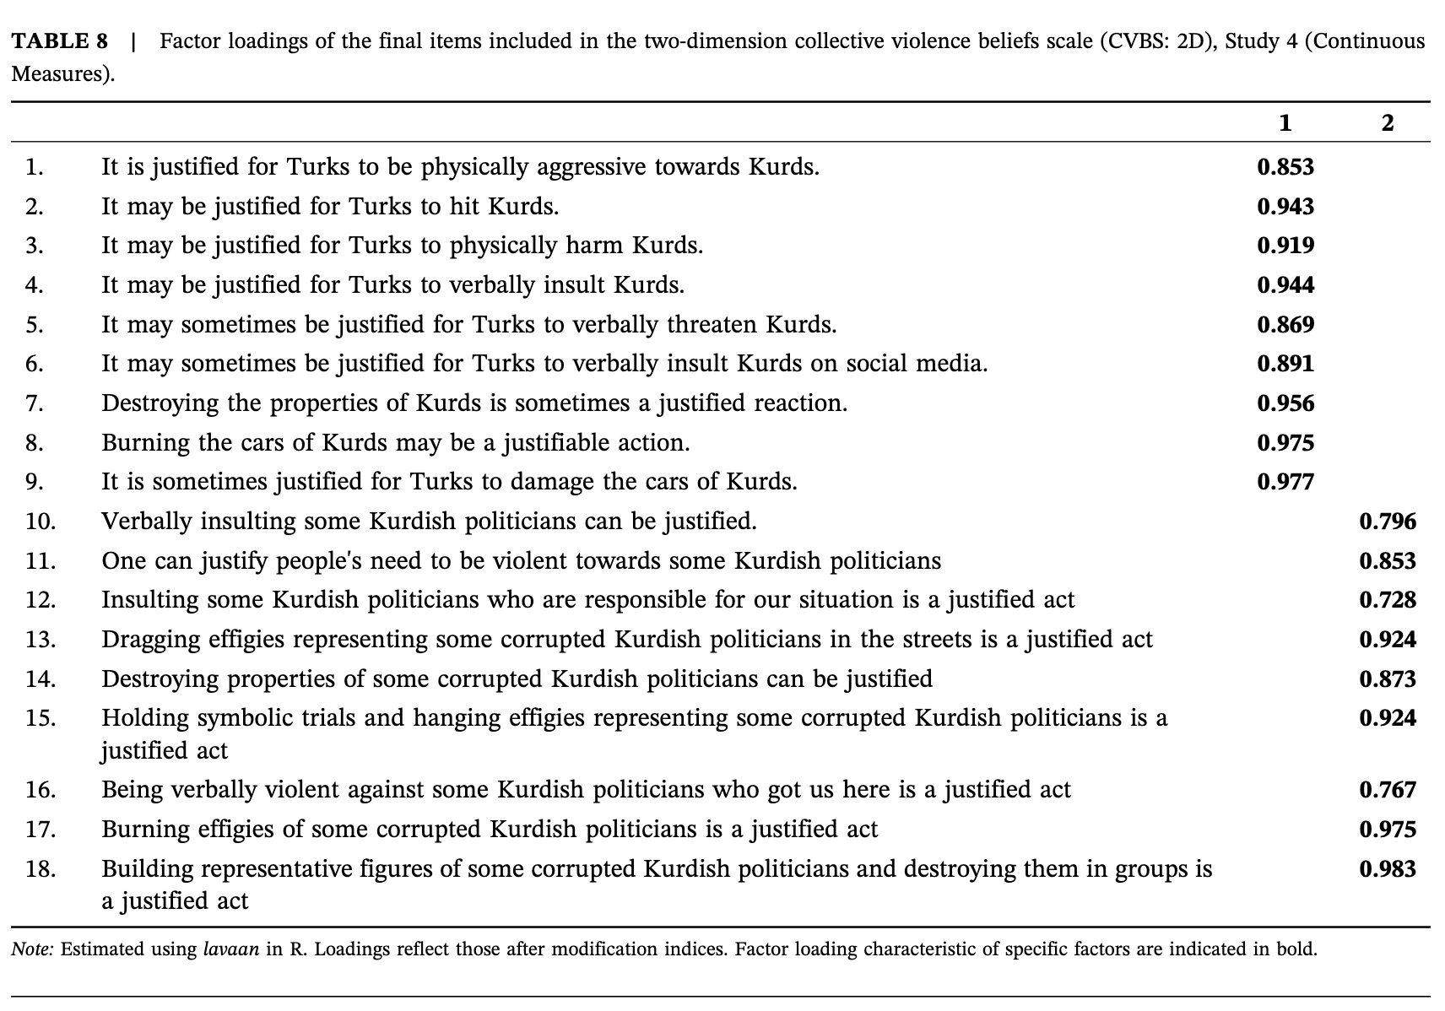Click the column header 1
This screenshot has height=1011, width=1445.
click(1285, 123)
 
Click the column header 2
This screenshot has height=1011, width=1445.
click(1388, 123)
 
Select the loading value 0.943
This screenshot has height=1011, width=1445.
click(1285, 207)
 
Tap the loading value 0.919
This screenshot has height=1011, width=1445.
click(1285, 246)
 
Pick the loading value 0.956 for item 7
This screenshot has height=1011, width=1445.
click(1285, 403)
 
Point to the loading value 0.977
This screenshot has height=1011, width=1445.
click(1285, 482)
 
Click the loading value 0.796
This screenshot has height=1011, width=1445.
click(1388, 522)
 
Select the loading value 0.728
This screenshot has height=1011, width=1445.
click(1388, 600)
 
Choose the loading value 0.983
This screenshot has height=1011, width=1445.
click(1388, 869)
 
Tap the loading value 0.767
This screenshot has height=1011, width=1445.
click(1388, 790)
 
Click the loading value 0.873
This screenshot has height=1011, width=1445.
click(1388, 679)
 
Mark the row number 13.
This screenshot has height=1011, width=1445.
click(41, 640)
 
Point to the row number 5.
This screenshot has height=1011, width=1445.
click(35, 325)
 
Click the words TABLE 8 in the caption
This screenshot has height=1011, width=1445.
click(60, 41)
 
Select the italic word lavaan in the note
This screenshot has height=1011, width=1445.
click(231, 949)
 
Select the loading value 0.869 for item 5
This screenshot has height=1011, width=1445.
click(1285, 325)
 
